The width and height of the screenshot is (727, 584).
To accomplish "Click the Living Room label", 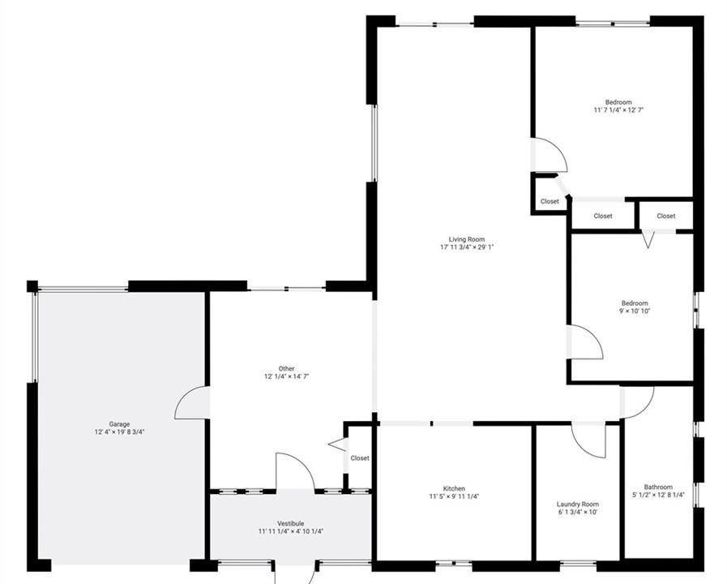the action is pyautogui.click(x=466, y=239).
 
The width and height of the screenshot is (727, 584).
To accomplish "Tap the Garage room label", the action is pyautogui.click(x=119, y=424).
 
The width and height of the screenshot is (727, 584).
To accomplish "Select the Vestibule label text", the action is pyautogui.click(x=291, y=523).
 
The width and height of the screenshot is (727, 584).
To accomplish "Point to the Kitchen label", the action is pyautogui.click(x=454, y=488).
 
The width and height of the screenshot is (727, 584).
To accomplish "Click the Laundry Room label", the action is pyautogui.click(x=578, y=505).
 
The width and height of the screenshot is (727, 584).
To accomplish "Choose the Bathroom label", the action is pyautogui.click(x=658, y=487).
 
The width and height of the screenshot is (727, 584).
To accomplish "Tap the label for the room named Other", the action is pyautogui.click(x=287, y=369).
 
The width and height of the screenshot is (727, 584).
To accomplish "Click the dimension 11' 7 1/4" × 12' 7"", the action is pyautogui.click(x=618, y=110).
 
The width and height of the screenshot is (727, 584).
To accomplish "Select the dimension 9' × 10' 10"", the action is pyautogui.click(x=635, y=311).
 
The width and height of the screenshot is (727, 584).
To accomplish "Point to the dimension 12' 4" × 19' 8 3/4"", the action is pyautogui.click(x=120, y=432).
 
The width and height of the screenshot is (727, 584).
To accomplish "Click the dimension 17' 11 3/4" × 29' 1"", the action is pyautogui.click(x=467, y=247).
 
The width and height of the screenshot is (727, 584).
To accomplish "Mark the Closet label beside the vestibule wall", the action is pyautogui.click(x=360, y=458).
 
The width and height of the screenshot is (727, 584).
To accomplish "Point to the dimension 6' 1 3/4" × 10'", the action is pyautogui.click(x=578, y=512).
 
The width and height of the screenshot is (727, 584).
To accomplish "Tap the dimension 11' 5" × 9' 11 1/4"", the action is pyautogui.click(x=454, y=496).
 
